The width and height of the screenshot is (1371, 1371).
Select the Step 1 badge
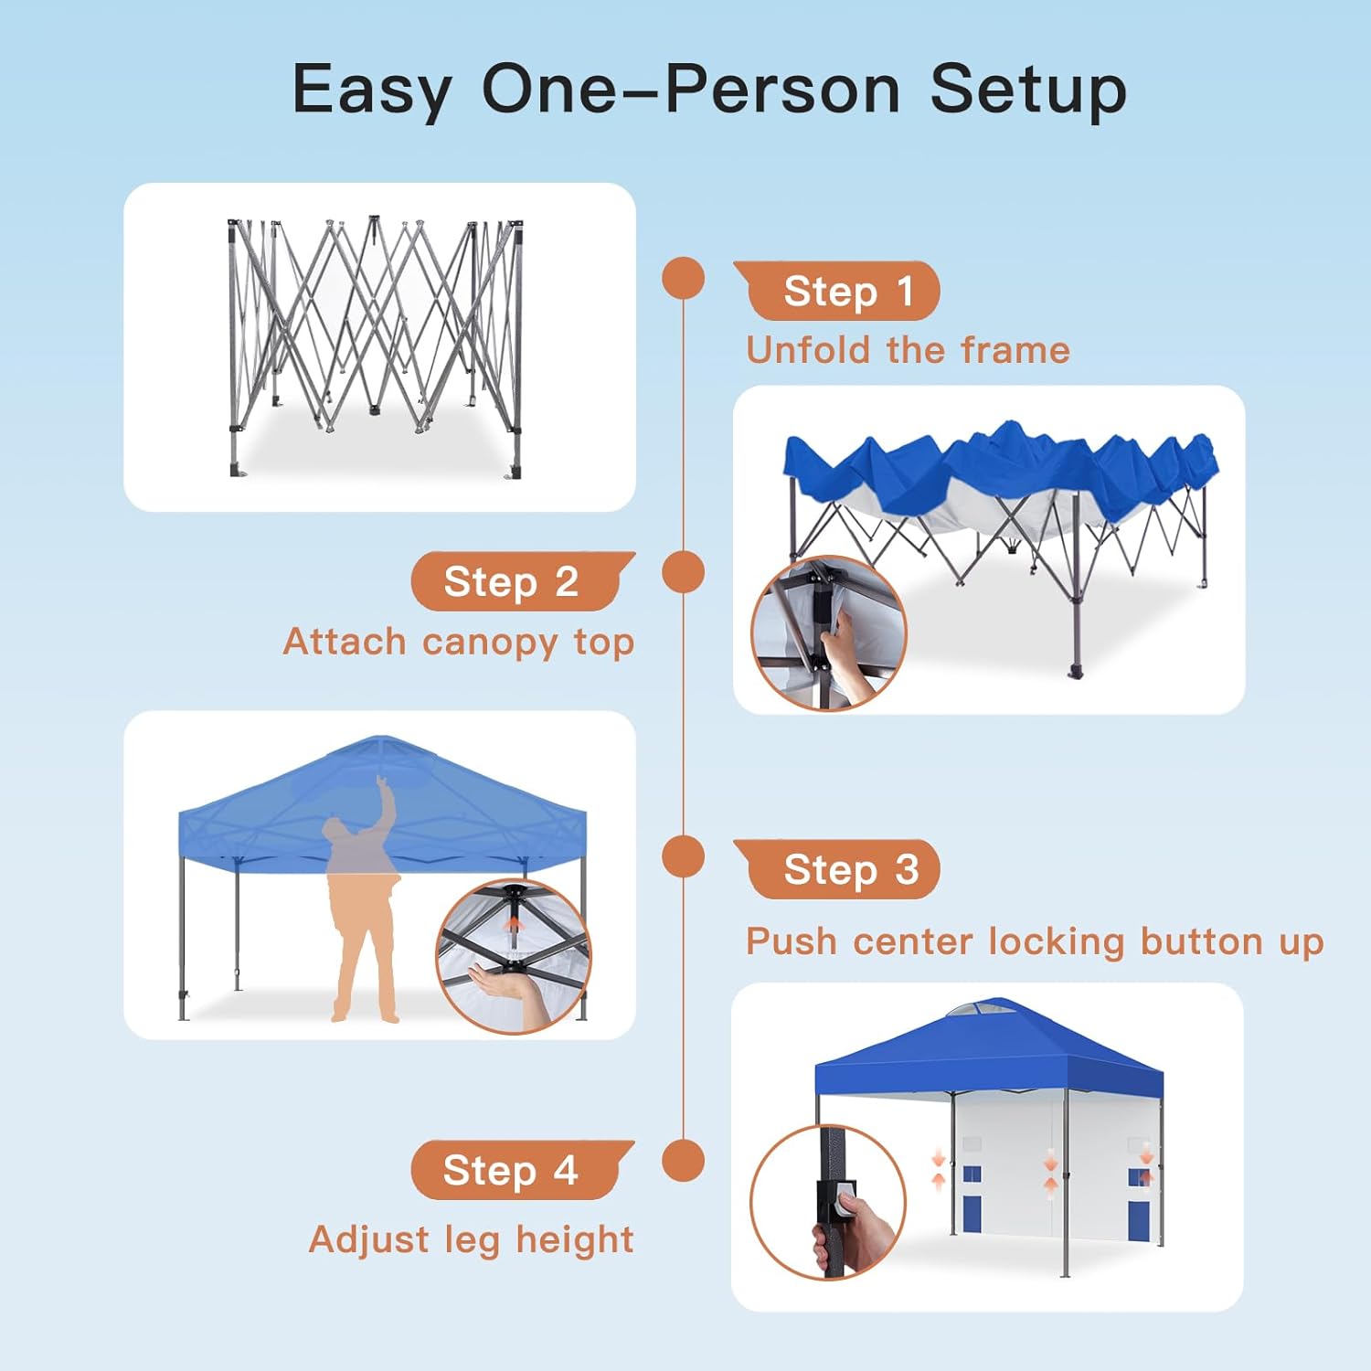(836, 291)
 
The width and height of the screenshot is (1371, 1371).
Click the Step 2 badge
(524, 581)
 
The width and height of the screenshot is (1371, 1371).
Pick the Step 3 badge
(836, 869)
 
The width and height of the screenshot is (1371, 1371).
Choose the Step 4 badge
(523, 1170)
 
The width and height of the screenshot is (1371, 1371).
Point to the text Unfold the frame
(908, 350)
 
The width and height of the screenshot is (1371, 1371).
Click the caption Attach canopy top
(459, 643)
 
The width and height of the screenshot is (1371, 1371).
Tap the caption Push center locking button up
(1035, 941)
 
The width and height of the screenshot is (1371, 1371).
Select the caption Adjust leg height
(472, 1240)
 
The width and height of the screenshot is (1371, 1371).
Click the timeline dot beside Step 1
(683, 278)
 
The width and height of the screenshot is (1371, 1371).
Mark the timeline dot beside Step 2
(683, 572)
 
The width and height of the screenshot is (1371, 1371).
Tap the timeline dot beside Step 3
(683, 857)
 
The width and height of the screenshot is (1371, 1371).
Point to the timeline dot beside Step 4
(683, 1161)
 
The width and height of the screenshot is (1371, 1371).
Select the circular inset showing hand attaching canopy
(829, 633)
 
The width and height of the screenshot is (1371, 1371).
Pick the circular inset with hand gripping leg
(828, 1202)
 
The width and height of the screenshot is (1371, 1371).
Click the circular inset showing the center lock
(514, 957)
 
